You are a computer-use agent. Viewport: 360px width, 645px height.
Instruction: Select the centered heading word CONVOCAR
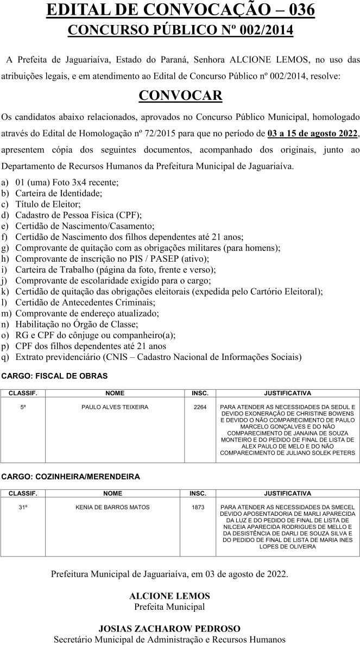point(180,96)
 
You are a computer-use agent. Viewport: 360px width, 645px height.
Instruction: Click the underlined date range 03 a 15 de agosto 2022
point(313,134)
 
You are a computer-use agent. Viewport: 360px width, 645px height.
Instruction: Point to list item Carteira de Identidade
point(59,193)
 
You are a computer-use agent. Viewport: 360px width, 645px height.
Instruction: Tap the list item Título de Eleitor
point(48,204)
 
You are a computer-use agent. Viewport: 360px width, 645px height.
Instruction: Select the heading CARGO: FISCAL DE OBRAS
point(54,376)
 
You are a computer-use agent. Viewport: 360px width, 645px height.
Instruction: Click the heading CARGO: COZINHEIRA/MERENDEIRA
point(70,477)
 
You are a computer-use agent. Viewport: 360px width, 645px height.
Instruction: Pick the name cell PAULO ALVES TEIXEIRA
point(115,407)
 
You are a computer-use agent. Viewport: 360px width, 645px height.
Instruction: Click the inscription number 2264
point(200,407)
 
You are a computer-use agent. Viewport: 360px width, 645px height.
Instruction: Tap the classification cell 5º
point(23,407)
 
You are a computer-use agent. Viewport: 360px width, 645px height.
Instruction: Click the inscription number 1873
point(198,508)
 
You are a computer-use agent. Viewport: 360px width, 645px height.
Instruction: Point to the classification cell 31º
point(23,508)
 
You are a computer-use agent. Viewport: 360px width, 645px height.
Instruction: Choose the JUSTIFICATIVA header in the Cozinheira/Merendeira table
point(287,494)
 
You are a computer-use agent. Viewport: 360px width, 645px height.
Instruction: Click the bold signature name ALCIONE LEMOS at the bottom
point(169,596)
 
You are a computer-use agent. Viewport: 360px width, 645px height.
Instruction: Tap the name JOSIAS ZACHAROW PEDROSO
point(169,629)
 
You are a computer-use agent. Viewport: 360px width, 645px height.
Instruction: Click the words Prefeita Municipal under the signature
point(169,606)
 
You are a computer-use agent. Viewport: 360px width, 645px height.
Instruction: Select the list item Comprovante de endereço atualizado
point(87,313)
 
